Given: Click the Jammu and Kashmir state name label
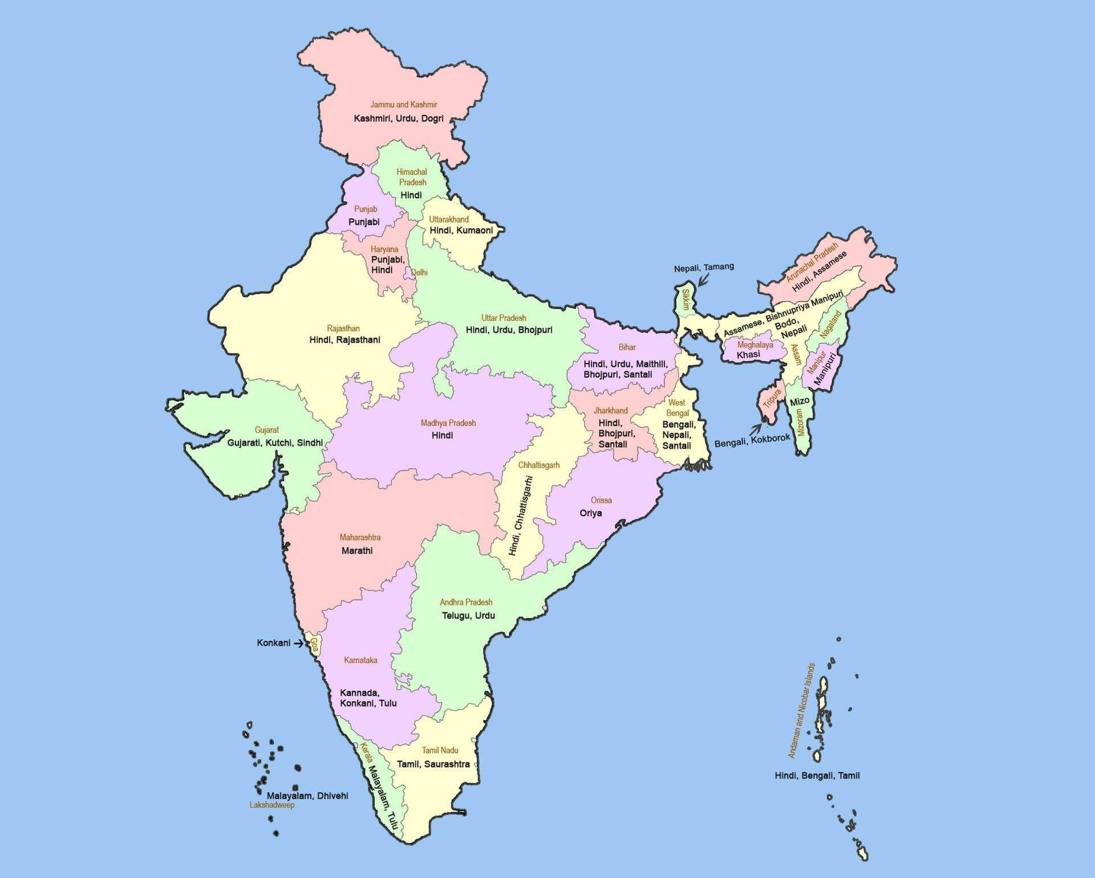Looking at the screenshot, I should click(403, 105).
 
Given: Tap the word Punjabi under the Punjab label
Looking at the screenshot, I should click(364, 222).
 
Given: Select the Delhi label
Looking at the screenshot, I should click(419, 273).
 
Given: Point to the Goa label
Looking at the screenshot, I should click(314, 645).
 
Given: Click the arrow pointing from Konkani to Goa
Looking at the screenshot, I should click(298, 644).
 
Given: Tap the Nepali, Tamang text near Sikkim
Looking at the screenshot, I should click(704, 267).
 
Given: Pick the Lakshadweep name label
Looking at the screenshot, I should click(272, 805).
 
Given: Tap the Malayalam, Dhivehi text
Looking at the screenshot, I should click(307, 796).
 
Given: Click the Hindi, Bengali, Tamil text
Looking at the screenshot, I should click(817, 775).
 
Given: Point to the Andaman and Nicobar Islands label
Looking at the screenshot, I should click(801, 710).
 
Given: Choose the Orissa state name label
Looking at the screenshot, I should click(601, 500).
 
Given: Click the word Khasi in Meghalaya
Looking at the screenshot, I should click(748, 355).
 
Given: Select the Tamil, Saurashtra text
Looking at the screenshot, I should click(433, 764).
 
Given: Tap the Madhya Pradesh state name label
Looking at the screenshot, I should click(448, 423).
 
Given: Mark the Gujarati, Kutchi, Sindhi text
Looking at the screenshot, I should click(275, 443).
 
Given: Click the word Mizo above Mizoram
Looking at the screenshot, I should click(800, 402).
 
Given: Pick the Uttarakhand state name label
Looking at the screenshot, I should click(449, 220).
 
